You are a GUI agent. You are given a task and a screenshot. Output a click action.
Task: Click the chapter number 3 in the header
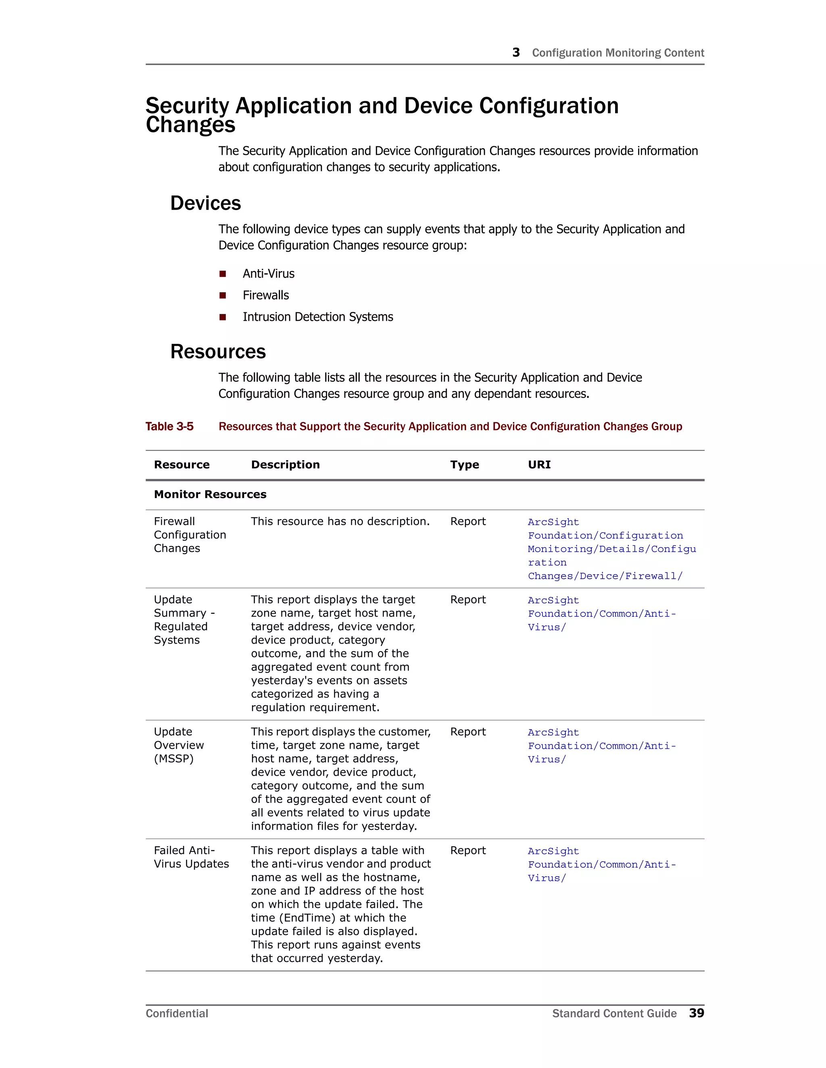[516, 52]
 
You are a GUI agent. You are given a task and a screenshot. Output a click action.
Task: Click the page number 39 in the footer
[696, 1013]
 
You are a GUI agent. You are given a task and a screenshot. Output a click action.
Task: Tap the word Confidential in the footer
[177, 1013]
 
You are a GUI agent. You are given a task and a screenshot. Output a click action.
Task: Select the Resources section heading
[218, 351]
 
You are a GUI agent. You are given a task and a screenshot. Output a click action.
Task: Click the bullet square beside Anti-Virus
[223, 274]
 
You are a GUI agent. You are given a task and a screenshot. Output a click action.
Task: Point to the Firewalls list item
[266, 295]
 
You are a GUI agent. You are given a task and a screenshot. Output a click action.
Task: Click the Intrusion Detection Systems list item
[317, 317]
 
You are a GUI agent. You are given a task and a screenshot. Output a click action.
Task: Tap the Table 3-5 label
[169, 426]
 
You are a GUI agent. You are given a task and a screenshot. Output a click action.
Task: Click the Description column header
[285, 465]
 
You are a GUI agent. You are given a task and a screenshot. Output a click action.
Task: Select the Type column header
[464, 465]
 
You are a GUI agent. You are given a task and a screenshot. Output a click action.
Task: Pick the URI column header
[539, 465]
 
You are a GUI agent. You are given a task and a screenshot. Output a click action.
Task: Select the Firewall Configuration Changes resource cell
[190, 534]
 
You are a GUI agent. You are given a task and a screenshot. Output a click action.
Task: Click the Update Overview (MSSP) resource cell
[179, 745]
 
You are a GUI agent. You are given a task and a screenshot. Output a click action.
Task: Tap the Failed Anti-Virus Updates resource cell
[191, 857]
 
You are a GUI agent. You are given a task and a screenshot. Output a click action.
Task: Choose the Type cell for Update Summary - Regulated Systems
[468, 600]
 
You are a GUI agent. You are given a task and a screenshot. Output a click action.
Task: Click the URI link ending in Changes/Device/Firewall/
[605, 576]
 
